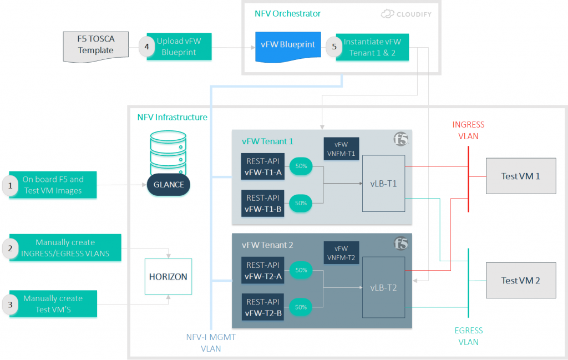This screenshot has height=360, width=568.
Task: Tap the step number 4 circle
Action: [x=146, y=47]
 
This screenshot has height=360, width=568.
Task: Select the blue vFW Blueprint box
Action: [x=288, y=46]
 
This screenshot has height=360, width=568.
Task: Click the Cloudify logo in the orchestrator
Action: [x=407, y=14]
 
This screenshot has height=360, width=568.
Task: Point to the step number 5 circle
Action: [x=334, y=47]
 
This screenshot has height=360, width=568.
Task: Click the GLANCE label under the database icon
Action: [x=169, y=185]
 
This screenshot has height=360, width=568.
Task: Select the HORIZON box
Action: [x=168, y=276]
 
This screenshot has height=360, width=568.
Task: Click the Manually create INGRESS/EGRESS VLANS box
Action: [x=65, y=248]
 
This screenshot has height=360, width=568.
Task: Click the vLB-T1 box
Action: [x=383, y=184]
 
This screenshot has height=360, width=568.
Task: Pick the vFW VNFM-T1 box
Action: [x=341, y=149]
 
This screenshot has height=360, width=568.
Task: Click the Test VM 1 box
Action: [x=520, y=176]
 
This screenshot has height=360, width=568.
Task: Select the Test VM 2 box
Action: [x=520, y=280]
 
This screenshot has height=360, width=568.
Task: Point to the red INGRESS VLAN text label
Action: [x=468, y=130]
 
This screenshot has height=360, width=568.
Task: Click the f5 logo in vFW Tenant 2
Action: [x=401, y=244]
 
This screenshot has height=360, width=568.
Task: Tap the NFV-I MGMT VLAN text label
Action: [x=211, y=343]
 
